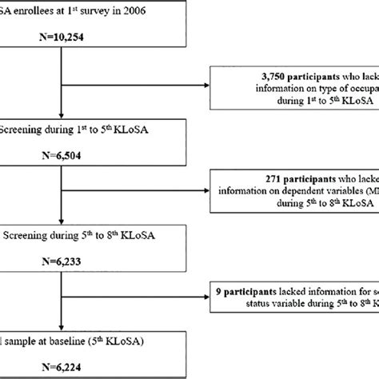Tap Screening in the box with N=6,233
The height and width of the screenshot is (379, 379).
pos(24,233)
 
